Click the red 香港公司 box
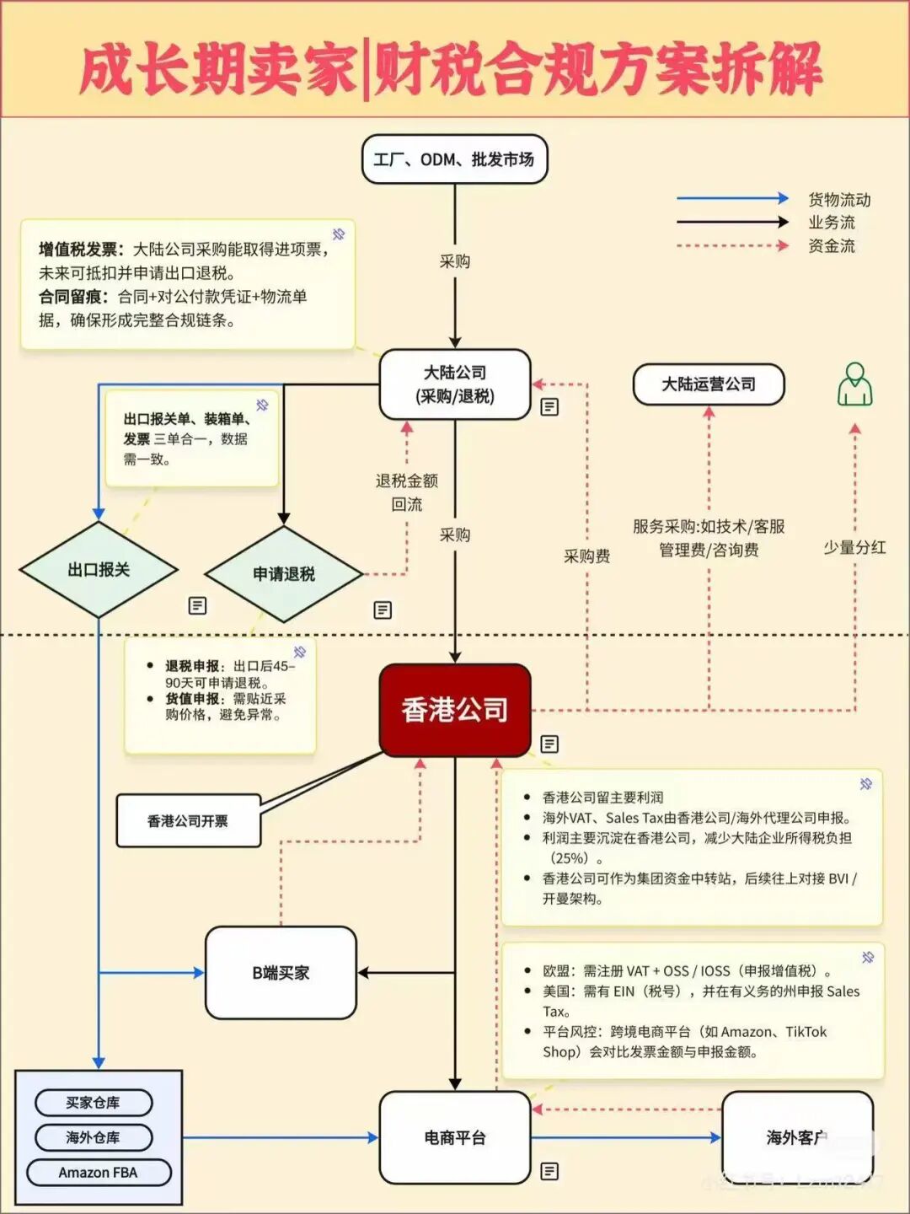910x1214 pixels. point(455,710)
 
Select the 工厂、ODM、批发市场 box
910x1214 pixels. point(455,159)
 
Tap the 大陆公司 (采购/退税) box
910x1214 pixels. point(455,384)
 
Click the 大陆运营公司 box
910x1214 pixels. point(709,384)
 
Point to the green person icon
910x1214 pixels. point(854,384)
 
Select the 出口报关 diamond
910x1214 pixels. point(99,570)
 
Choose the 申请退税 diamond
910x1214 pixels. point(284,574)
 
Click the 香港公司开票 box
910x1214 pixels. point(188,821)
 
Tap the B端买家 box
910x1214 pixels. point(281,973)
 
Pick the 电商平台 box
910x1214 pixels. point(455,1138)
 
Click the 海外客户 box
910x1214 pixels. point(797,1138)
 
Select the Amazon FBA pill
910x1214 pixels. point(99,1173)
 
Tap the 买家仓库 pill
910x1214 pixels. point(94,1103)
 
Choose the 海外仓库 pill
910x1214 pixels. point(94,1137)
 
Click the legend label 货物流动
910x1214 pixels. point(839,200)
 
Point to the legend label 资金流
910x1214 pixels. point(832,246)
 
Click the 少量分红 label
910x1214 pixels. point(854,548)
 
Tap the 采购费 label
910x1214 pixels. point(587,556)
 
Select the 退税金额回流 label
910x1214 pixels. point(407,492)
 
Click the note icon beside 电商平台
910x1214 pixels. point(549,1171)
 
